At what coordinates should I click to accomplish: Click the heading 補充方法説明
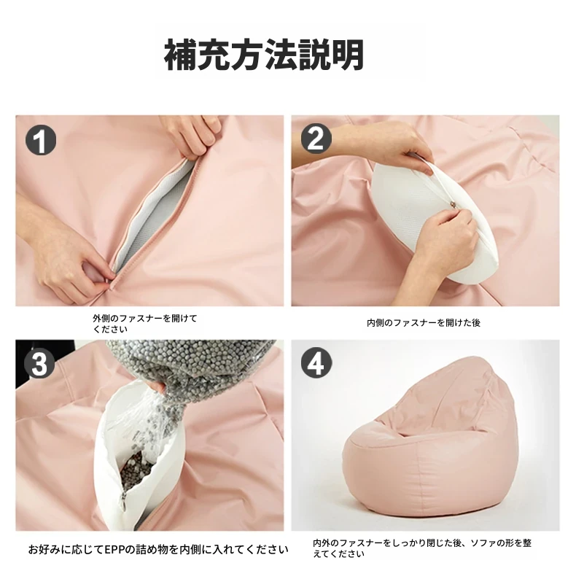click(x=264, y=55)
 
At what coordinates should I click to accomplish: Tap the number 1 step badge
click(x=41, y=141)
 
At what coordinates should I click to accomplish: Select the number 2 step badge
click(x=316, y=139)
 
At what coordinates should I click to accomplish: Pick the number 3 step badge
click(x=39, y=363)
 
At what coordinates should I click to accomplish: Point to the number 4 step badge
click(x=316, y=363)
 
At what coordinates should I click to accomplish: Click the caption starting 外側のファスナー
click(x=145, y=324)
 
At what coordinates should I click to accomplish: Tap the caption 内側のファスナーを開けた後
click(x=424, y=323)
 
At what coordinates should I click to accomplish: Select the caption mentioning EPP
click(x=158, y=550)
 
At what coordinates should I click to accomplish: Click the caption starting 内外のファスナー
click(x=422, y=548)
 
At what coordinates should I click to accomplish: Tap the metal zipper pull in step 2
click(x=452, y=204)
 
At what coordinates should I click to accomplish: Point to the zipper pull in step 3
click(x=122, y=502)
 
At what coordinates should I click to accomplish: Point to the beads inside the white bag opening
click(x=136, y=468)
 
